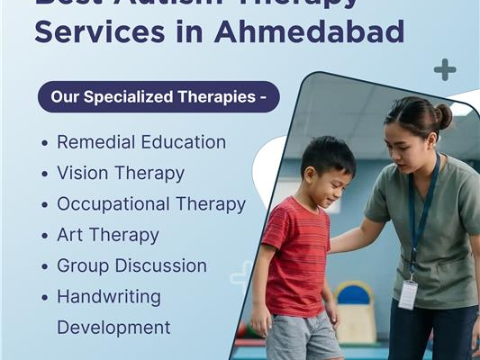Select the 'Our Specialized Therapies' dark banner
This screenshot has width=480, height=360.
tap(158, 97)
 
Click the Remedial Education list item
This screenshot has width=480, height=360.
tap(141, 142)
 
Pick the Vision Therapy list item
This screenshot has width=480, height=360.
tap(121, 173)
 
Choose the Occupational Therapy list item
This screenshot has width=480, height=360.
tap(151, 204)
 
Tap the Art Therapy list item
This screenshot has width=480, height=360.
tap(108, 235)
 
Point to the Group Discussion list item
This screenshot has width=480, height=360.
tap(131, 266)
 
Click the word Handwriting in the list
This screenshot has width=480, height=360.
tap(109, 296)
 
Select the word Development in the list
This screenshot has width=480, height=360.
tap(113, 327)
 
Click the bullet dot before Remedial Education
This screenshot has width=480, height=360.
tap(45, 143)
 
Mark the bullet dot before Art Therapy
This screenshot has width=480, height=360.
tap(45, 236)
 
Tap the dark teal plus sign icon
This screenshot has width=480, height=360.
tap(444, 69)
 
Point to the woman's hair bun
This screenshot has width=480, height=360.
tap(442, 116)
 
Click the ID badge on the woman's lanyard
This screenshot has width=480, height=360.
tap(408, 293)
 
